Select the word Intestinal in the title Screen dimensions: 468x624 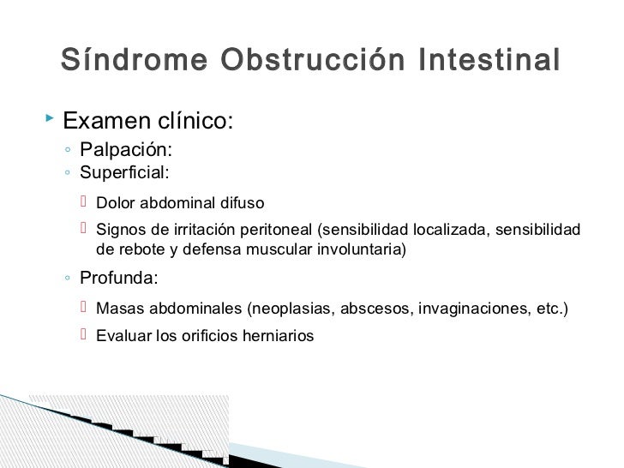pyautogui.click(x=489, y=61)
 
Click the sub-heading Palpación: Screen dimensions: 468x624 pyautogui.click(x=125, y=151)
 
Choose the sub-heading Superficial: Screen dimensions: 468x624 pyautogui.click(x=124, y=172)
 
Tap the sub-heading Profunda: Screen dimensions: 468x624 pyautogui.click(x=119, y=279)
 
